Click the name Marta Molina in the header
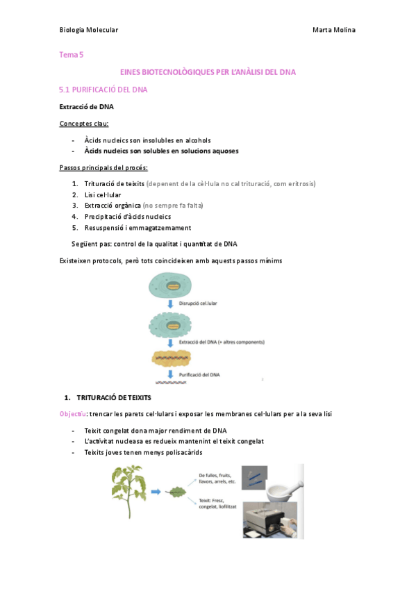pyautogui.click(x=334, y=30)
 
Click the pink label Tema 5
pyautogui.click(x=71, y=54)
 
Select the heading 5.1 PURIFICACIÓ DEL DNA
pyautogui.click(x=103, y=90)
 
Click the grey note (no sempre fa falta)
pyautogui.click(x=173, y=206)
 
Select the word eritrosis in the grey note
pyautogui.click(x=299, y=184)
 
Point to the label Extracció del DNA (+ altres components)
pyautogui.click(x=222, y=342)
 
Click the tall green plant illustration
pyautogui.click(x=130, y=490)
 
